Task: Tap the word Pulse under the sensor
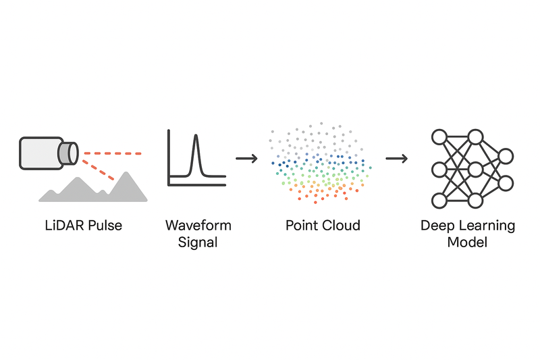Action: tap(103, 225)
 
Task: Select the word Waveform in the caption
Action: tap(198, 225)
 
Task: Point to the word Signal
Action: tap(198, 242)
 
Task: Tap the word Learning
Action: tap(488, 226)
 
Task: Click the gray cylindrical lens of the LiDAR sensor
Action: tap(68, 152)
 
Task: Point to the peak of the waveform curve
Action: tap(196, 137)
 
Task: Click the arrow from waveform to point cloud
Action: tap(247, 159)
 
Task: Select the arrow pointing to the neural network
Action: tap(397, 159)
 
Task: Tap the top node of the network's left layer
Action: tap(439, 138)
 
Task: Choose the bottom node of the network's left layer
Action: tap(439, 201)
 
